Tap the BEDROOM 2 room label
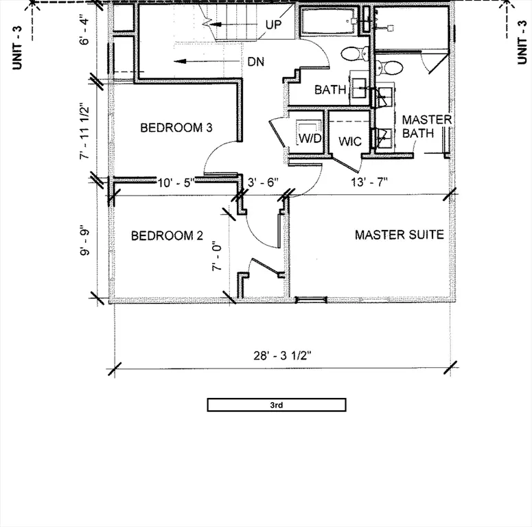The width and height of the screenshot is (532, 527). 167,236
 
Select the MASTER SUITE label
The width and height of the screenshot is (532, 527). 399,235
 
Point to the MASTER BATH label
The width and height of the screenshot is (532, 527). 426,126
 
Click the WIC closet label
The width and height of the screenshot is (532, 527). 350,142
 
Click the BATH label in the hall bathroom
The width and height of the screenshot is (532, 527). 329,90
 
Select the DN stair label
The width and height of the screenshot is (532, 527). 257,61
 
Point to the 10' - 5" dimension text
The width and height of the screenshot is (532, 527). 176,183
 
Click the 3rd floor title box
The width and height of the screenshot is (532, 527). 277,405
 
